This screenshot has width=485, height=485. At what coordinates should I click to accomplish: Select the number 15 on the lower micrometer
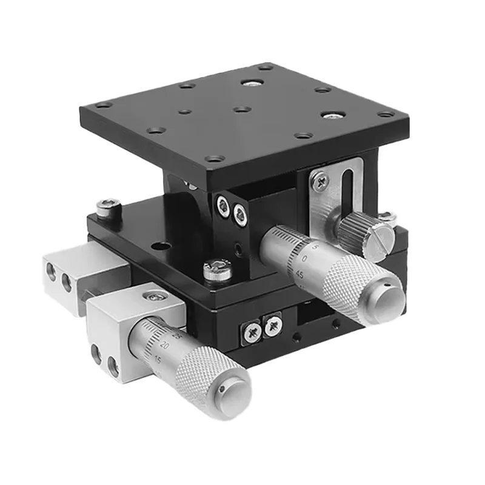[158, 359]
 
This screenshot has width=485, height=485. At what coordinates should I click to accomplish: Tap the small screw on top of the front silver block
[158, 296]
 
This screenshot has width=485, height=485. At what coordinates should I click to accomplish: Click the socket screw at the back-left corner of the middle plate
[108, 206]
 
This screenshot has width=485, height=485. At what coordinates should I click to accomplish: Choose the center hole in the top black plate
[241, 110]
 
